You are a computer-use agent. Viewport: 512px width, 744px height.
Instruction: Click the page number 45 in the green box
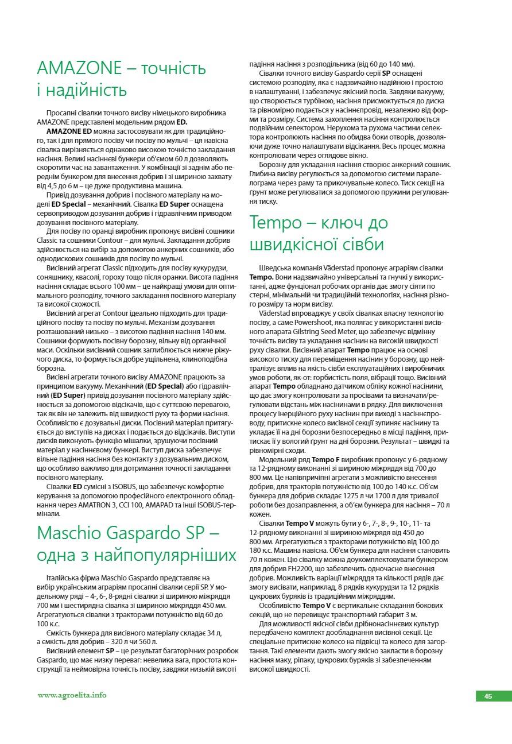coord(488,696)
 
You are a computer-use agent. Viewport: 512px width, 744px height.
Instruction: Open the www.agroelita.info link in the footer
coord(72,695)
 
